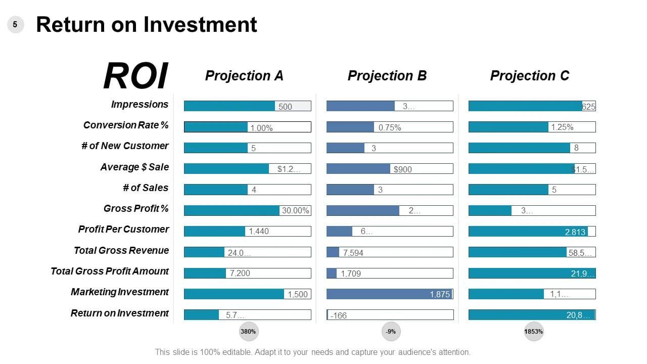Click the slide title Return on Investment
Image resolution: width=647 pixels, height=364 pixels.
tap(147, 24)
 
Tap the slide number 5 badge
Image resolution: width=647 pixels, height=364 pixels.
tap(15, 24)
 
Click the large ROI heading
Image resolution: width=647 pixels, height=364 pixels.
tap(135, 76)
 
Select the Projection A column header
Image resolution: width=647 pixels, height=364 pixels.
tap(244, 76)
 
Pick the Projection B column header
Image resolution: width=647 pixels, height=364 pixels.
tap(387, 76)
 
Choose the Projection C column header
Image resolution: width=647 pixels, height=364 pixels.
tap(530, 76)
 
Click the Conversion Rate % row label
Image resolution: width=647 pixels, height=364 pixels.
tap(126, 125)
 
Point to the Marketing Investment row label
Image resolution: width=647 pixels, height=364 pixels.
tap(120, 292)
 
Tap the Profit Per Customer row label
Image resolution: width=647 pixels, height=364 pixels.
tap(123, 229)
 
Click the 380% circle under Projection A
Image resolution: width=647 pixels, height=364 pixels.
tap(248, 332)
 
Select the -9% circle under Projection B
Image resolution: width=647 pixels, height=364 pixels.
tap(391, 332)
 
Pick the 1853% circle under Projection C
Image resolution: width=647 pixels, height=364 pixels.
tap(534, 332)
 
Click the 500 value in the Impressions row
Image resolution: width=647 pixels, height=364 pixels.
tap(285, 107)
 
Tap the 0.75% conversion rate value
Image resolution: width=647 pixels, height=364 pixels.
tap(390, 128)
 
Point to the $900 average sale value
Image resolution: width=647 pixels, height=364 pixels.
tap(403, 169)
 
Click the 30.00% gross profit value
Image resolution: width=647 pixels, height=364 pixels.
tap(295, 211)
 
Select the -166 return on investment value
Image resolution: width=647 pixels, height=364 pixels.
tap(338, 315)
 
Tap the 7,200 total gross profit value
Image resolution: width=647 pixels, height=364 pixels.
tap(240, 274)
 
